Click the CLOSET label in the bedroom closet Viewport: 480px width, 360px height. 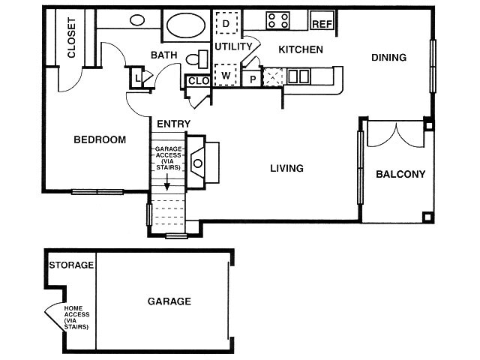coord(72,38)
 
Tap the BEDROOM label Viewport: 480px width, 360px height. coord(99,139)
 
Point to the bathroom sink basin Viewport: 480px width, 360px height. coord(137,20)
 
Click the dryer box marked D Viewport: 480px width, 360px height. coord(226,24)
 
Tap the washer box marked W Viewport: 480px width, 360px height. coord(226,76)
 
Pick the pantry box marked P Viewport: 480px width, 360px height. coord(253,78)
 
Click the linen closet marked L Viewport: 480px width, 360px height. coord(139,76)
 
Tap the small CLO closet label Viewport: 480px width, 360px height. coord(198,80)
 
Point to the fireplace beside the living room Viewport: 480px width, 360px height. coord(201,160)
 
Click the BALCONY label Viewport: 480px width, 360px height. coord(400,174)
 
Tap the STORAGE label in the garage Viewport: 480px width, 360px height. coord(71,265)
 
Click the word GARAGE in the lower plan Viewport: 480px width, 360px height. coord(169,301)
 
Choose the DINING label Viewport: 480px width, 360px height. coord(388,57)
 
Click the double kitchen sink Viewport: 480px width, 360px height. coord(298,76)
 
